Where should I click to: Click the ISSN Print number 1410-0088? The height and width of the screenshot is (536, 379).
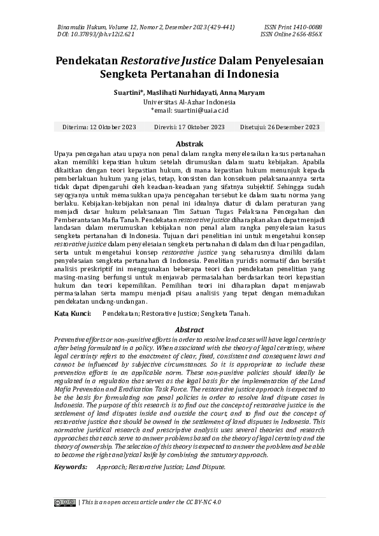(x=308, y=27)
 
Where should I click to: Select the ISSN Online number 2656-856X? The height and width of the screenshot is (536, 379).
(x=308, y=34)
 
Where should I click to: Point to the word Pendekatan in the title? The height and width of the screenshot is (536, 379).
(x=87, y=61)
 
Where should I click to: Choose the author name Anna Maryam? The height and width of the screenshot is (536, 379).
(x=243, y=93)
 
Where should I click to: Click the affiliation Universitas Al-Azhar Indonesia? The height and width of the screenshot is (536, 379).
(x=189, y=101)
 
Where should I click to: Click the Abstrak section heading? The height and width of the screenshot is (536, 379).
(x=189, y=145)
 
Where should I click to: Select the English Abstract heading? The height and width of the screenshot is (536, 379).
(x=189, y=330)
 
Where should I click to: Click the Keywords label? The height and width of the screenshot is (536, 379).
(x=70, y=467)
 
